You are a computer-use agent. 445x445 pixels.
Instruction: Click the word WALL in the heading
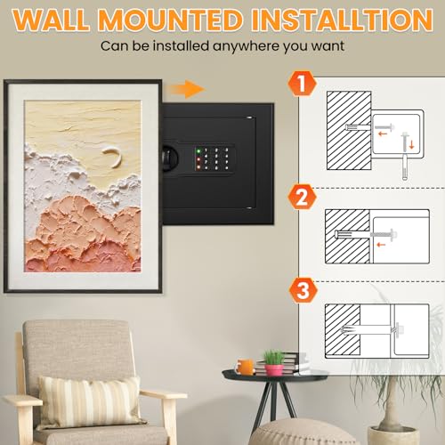point(51,20)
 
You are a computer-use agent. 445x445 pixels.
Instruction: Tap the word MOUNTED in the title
point(170,20)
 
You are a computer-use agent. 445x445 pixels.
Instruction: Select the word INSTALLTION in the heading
point(342,20)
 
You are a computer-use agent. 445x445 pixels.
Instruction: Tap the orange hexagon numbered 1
point(302,84)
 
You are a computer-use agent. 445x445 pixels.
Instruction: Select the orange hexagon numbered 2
point(302,197)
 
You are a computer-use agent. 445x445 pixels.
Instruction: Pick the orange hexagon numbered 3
point(303,290)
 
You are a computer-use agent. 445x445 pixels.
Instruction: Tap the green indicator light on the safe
point(198,151)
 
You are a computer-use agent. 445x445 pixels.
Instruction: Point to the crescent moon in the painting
point(114,157)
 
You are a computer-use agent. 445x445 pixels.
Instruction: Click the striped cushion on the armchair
point(91,400)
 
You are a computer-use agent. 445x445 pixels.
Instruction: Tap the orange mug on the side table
point(245,367)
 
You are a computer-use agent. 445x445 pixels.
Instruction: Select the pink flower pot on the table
point(274,370)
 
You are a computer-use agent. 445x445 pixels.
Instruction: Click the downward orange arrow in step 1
point(411,145)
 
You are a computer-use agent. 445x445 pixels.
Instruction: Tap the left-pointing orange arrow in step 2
point(381,245)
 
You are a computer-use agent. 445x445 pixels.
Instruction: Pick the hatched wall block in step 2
point(347,236)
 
